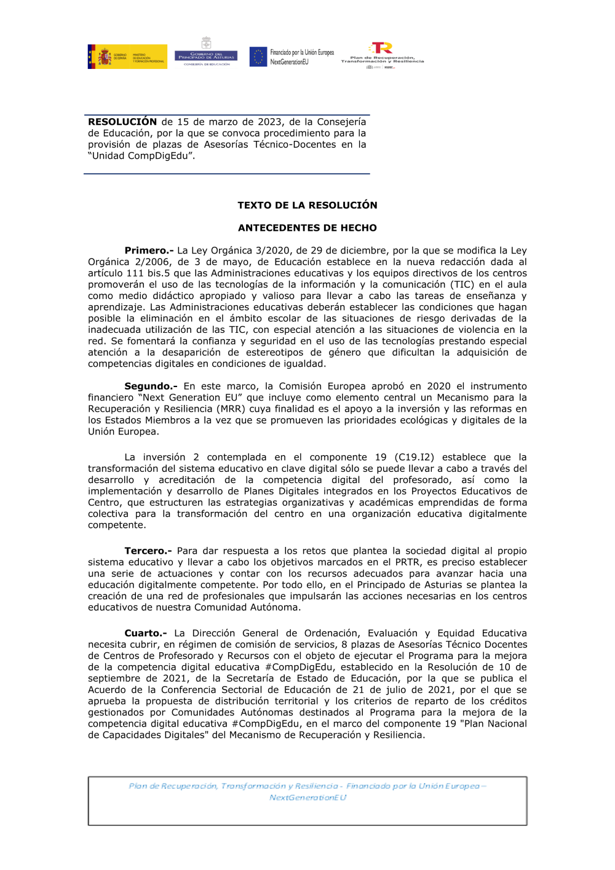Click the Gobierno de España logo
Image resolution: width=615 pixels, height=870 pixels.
[x=127, y=57]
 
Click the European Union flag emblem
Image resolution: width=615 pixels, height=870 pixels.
[x=258, y=57]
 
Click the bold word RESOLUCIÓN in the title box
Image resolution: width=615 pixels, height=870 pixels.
[x=122, y=122]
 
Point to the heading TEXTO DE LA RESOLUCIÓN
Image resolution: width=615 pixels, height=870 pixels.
[x=307, y=206]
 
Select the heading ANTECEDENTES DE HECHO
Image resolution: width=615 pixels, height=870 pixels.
[x=307, y=228]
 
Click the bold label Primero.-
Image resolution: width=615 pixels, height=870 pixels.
[x=149, y=250]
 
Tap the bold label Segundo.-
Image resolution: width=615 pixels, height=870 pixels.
[x=151, y=386]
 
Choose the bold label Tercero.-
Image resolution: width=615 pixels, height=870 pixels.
[x=149, y=551]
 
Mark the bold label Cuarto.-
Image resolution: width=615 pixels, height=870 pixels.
[x=146, y=633]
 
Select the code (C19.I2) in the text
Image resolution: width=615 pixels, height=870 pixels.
[x=414, y=458]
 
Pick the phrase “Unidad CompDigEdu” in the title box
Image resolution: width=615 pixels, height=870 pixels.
[x=141, y=156]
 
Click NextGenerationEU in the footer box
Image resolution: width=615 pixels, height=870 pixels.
[x=307, y=798]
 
